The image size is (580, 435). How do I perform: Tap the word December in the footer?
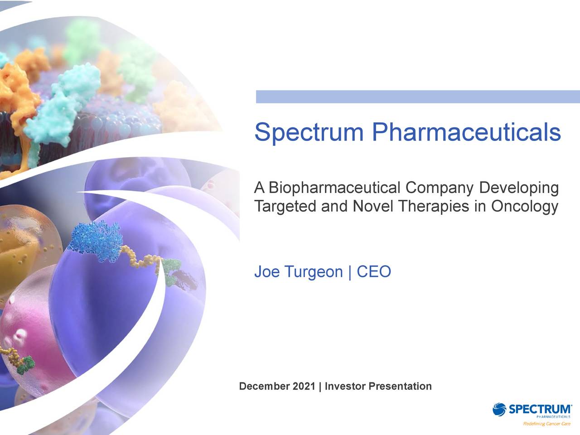[x=264, y=387]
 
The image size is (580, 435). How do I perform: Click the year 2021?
[x=304, y=387]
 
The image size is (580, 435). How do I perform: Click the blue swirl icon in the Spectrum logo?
[x=500, y=409]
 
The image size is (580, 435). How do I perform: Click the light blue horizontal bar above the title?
[x=417, y=97]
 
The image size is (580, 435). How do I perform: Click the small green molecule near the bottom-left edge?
[x=26, y=364]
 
